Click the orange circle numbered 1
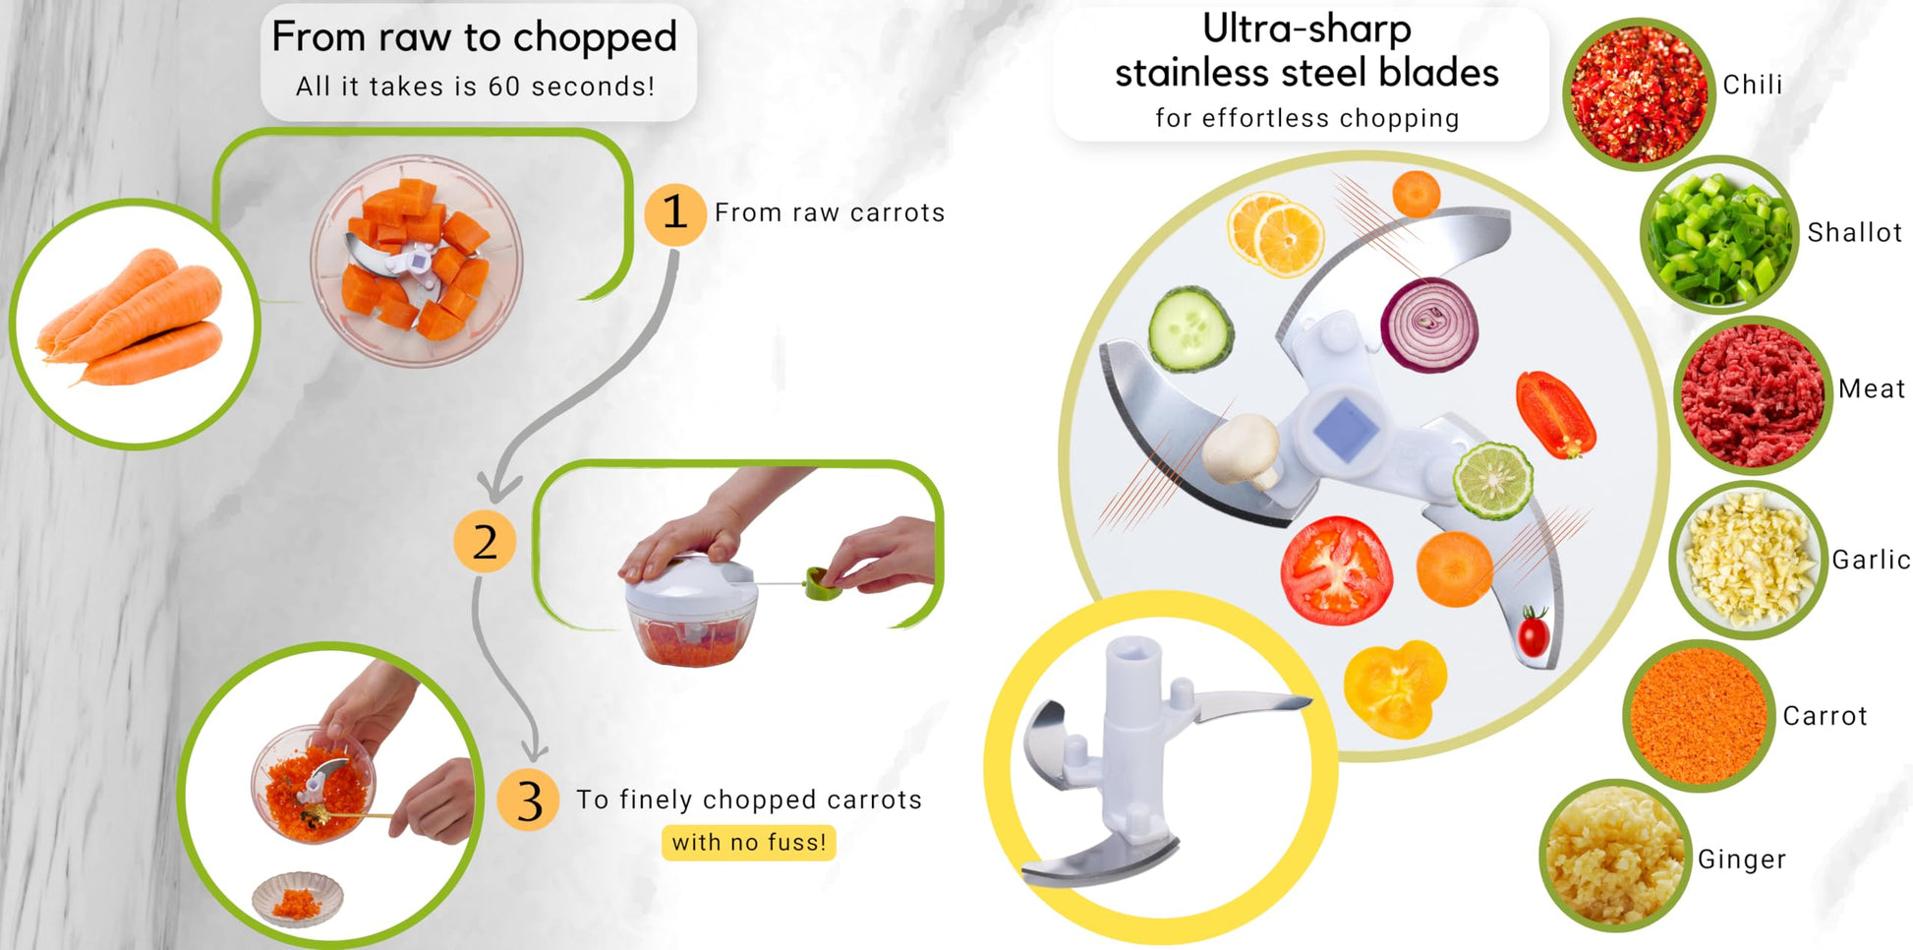click(x=674, y=213)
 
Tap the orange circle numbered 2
click(x=485, y=541)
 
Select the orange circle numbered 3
click(x=528, y=801)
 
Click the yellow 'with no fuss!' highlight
click(x=749, y=843)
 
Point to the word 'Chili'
click(x=1752, y=85)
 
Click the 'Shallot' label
click(x=1854, y=232)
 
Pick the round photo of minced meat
click(x=1753, y=395)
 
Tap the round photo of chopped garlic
click(x=1749, y=561)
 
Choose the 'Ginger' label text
click(x=1741, y=860)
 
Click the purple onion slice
click(x=1429, y=325)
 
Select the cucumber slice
click(x=1190, y=328)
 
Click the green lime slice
click(x=1493, y=481)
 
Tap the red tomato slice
click(x=1336, y=570)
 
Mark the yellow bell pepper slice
click(x=1396, y=688)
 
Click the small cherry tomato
click(x=1534, y=632)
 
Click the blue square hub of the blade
click(x=1344, y=429)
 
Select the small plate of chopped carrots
click(x=298, y=900)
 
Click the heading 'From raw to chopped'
click(x=475, y=37)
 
